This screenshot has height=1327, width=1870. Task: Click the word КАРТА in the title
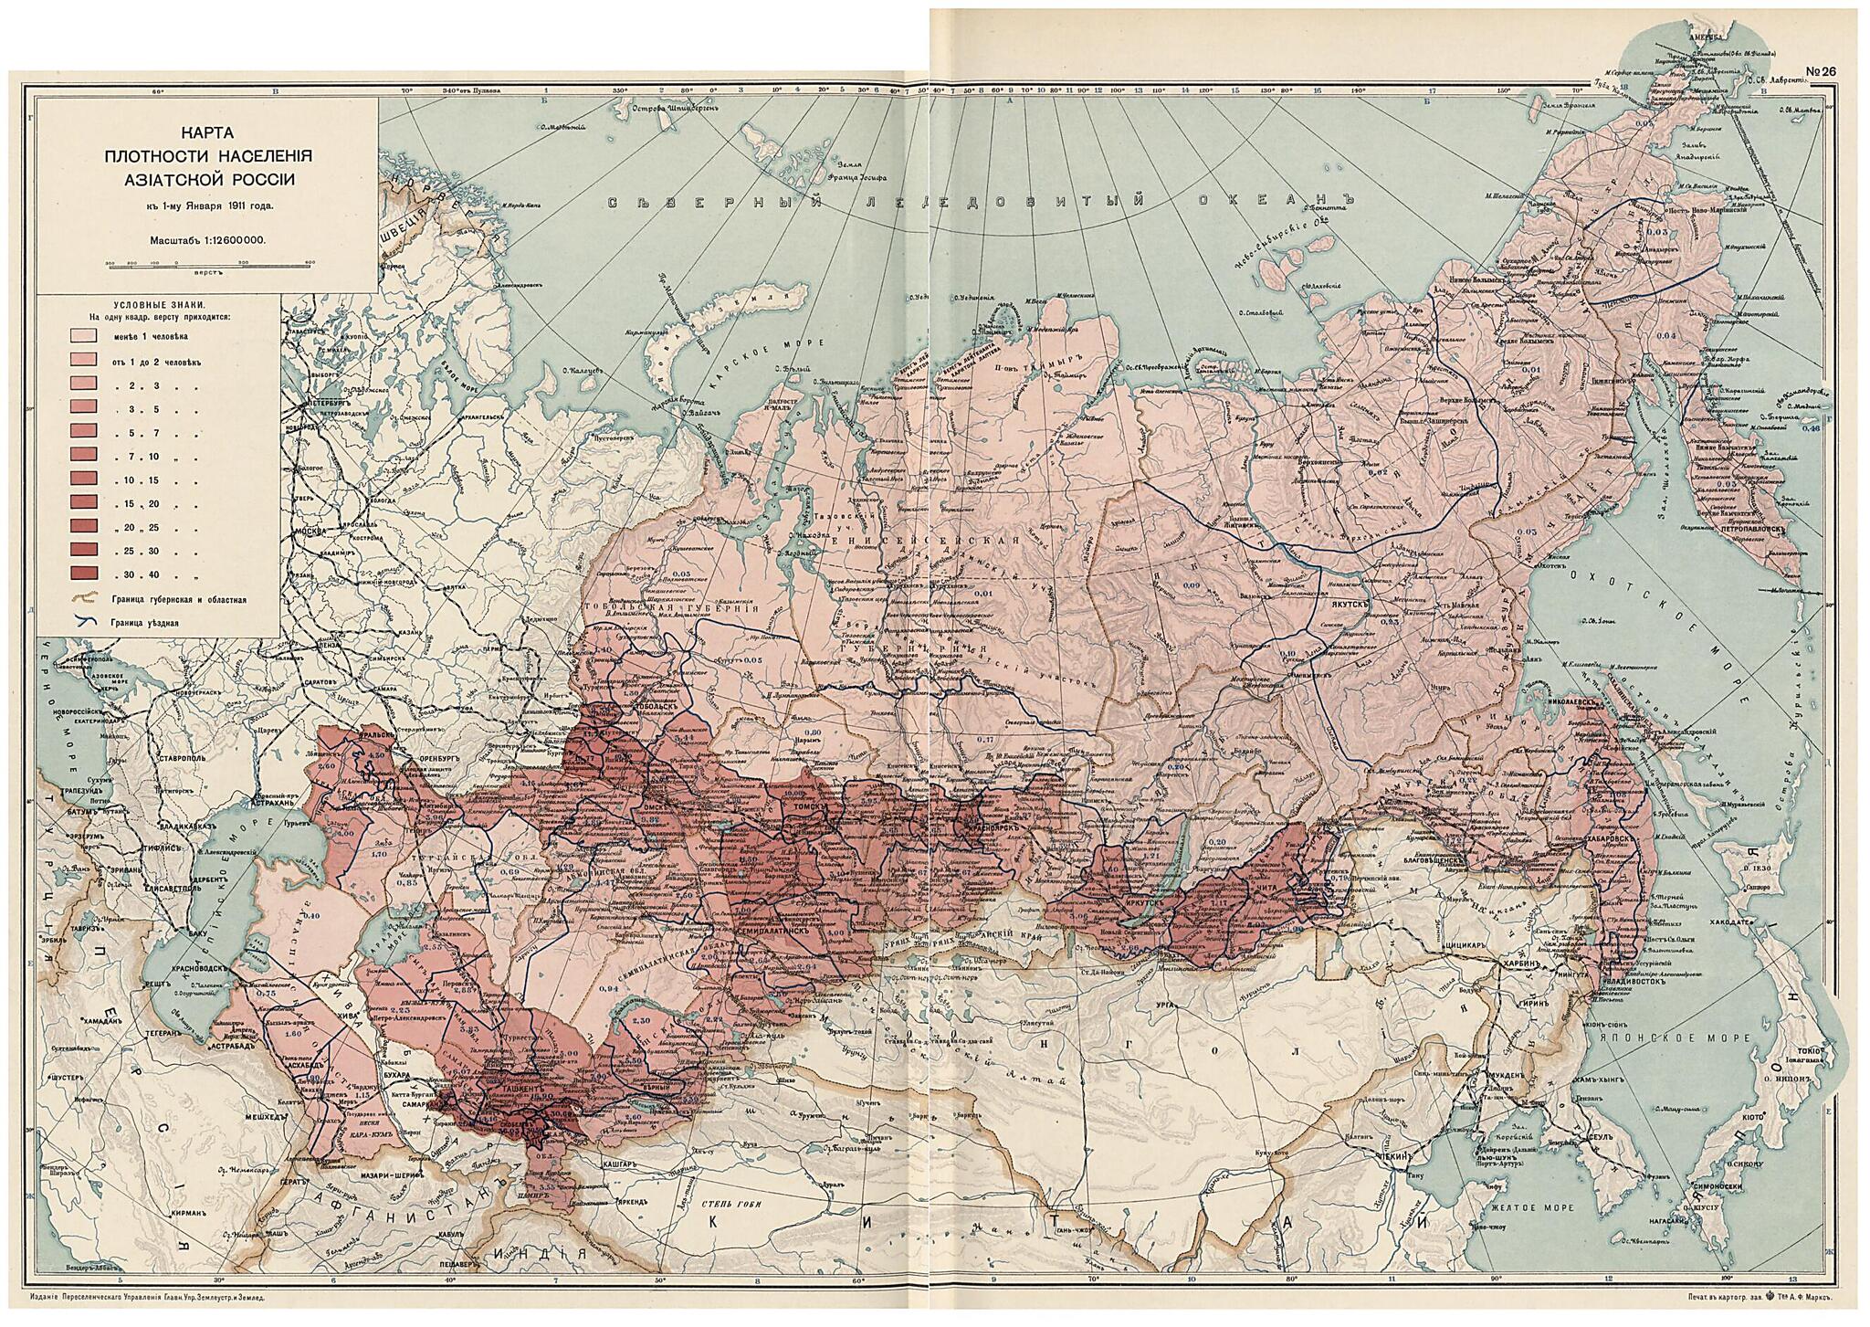(206, 133)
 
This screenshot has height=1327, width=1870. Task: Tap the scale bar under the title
(206, 264)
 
